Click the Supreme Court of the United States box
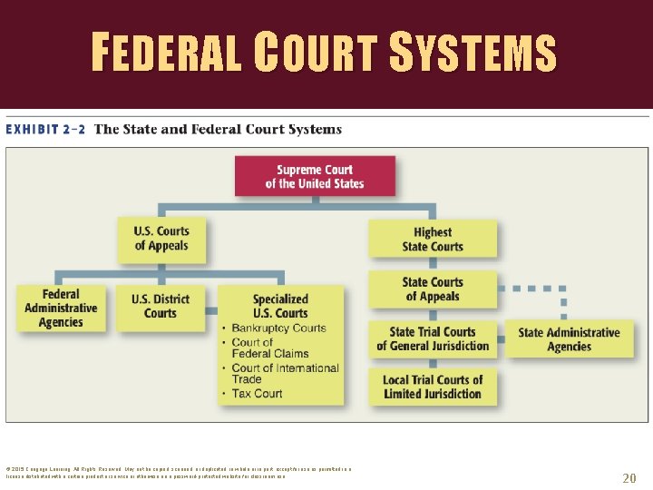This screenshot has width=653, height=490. click(x=315, y=176)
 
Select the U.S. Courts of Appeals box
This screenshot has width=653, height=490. click(x=161, y=239)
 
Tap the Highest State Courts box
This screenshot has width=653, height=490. click(x=433, y=240)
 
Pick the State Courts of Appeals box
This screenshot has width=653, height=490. click(x=433, y=289)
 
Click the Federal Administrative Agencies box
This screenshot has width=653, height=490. click(x=61, y=309)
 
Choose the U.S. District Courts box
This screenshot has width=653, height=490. click(x=161, y=307)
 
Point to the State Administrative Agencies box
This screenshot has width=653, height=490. click(x=569, y=339)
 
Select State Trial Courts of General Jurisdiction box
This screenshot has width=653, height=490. click(x=433, y=339)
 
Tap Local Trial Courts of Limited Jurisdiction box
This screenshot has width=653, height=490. click(x=433, y=387)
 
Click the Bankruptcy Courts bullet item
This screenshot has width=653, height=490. click(x=278, y=328)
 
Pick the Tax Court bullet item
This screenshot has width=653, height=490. click(x=257, y=393)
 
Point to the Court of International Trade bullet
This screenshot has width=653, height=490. click(x=285, y=373)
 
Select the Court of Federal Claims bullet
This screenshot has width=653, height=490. click(x=269, y=348)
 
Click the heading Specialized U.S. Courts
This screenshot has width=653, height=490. click(x=280, y=306)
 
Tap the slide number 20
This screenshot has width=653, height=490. click(x=629, y=478)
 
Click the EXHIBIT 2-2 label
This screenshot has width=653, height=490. click(x=45, y=129)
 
